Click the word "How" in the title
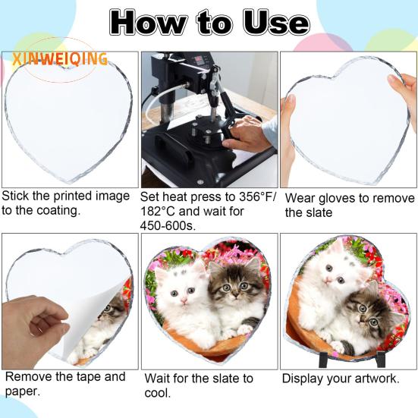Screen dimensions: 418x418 point(148,24)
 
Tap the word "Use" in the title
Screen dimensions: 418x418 point(276,24)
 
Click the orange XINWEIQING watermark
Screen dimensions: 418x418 point(60,59)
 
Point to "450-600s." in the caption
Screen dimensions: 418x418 point(168,226)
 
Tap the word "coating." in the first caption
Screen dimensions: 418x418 point(58,211)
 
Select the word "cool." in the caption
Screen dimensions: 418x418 point(158,393)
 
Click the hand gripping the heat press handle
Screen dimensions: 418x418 point(244,134)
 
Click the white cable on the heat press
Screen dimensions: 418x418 point(160,99)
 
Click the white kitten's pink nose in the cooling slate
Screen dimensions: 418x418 point(184,300)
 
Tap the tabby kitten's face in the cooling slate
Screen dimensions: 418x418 point(234,284)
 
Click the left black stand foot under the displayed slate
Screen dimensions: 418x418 point(323,360)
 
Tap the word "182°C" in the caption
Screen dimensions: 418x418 point(157,212)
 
